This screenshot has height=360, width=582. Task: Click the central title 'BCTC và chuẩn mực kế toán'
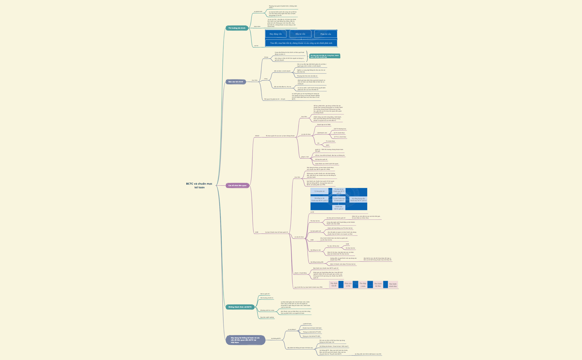tap(199, 186)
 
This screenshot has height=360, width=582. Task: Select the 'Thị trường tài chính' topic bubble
tap(237, 28)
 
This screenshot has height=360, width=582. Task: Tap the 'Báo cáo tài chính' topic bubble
tap(236, 82)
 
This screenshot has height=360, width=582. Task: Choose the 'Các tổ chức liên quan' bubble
tap(237, 186)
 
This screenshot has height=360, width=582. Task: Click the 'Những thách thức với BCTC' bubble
tap(240, 307)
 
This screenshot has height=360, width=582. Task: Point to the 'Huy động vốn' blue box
tap(275, 34)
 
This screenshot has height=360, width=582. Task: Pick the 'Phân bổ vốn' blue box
tap(326, 34)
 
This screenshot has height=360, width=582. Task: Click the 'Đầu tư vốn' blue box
tap(300, 34)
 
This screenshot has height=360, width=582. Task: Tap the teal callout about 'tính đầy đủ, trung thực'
tap(325, 56)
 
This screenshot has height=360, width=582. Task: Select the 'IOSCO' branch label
tap(257, 136)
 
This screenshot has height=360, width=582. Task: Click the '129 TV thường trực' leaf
tap(340, 129)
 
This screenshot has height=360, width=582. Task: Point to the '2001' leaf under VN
tap(328, 145)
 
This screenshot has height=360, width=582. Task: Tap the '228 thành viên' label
tap(322, 133)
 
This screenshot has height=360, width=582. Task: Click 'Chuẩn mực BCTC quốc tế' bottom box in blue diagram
tap(338, 207)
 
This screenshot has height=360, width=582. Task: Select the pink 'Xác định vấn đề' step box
tap(334, 284)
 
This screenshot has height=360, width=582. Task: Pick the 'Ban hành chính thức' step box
tap(392, 285)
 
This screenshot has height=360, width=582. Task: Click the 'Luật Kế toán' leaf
tap(307, 324)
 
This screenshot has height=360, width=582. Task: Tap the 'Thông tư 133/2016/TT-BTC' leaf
tap(311, 336)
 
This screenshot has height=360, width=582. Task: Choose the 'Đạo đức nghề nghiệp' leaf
tap(267, 317)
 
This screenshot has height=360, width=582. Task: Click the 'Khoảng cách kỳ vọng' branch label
tap(267, 310)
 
